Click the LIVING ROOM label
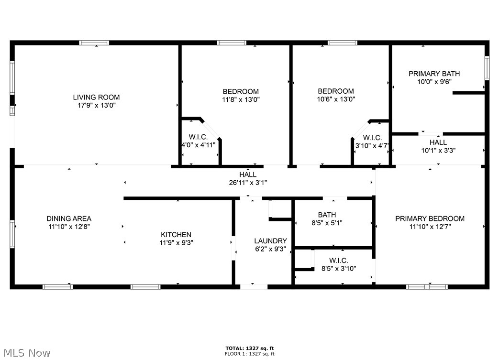tap(96, 97)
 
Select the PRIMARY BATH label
tap(434, 74)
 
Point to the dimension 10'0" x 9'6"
tap(434, 82)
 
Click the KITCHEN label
tap(176, 234)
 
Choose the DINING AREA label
tap(69, 218)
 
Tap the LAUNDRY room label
tap(270, 241)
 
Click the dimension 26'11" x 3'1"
tap(248, 183)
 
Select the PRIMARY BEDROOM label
tap(430, 218)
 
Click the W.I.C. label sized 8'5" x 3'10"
tap(338, 261)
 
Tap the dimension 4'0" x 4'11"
tap(198, 145)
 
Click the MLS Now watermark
tap(26, 353)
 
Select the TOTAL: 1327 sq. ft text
tap(250, 348)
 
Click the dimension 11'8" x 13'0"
tap(241, 99)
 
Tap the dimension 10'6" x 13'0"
tap(336, 99)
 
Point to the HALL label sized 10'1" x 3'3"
tap(438, 142)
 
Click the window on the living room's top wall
tap(94, 43)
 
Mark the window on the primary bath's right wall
tap(487, 68)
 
